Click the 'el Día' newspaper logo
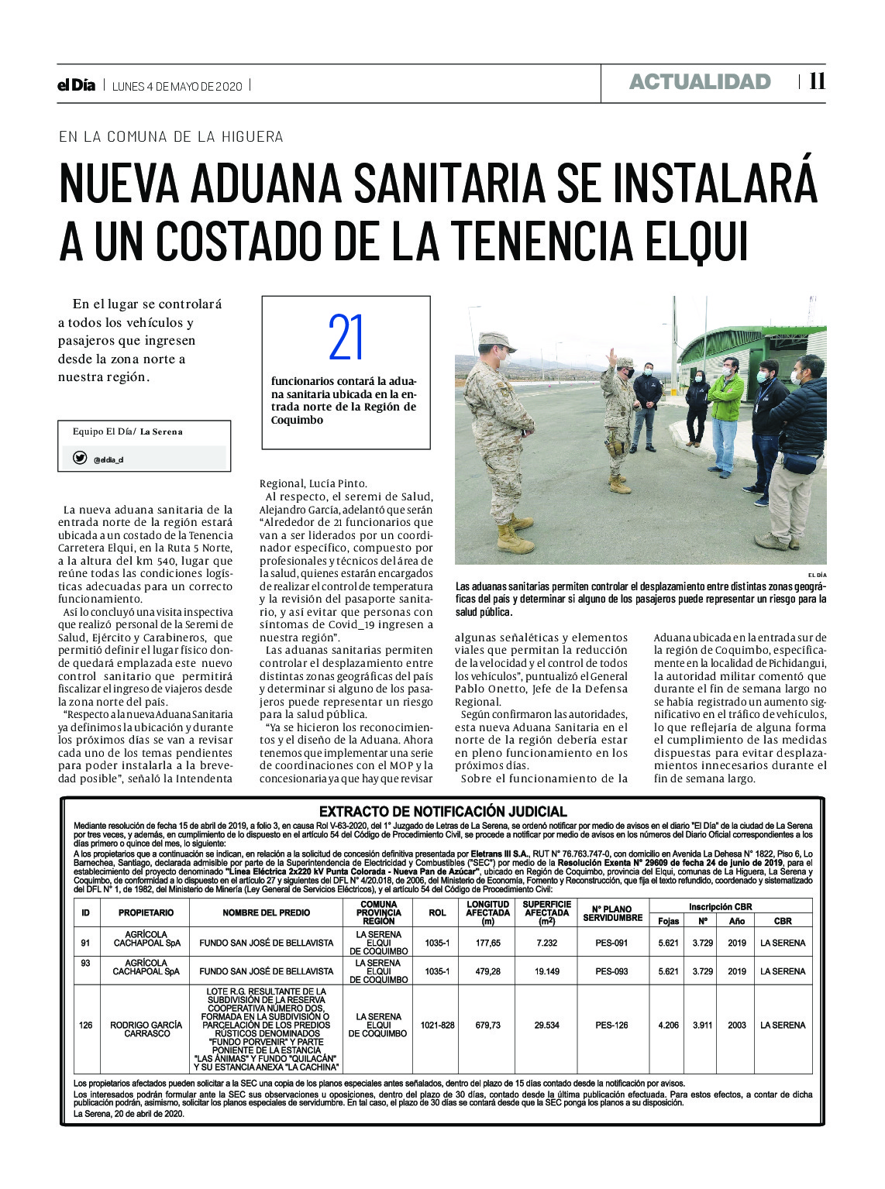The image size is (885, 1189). (x=76, y=86)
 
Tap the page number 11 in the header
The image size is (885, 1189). (x=817, y=82)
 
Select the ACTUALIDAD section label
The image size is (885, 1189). (x=700, y=82)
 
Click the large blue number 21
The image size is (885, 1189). (x=346, y=338)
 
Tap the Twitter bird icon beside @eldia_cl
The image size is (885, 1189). (x=79, y=458)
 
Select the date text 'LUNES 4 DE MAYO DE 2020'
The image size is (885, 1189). (x=177, y=86)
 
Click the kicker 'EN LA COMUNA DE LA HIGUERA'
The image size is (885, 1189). (x=171, y=136)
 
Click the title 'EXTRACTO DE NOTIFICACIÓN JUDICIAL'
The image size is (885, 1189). (x=442, y=812)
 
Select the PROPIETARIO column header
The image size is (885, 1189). (x=146, y=912)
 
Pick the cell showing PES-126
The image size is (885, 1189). (x=611, y=1025)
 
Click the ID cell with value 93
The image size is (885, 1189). (x=85, y=971)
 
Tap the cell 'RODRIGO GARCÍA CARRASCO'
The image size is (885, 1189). (x=146, y=1029)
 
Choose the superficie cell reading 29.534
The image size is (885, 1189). (x=546, y=1025)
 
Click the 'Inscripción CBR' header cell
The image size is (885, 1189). (x=720, y=906)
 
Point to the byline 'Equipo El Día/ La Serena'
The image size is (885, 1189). (x=128, y=431)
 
